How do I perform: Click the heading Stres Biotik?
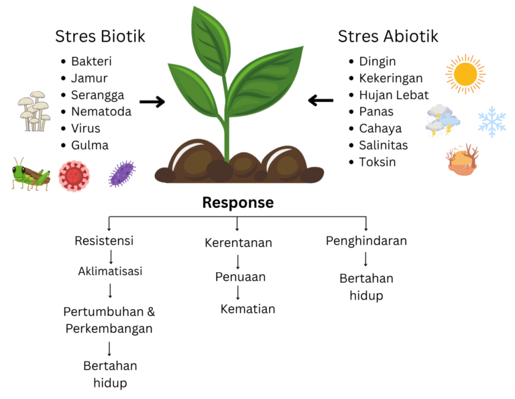[x=100, y=36]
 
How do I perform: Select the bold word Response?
[x=238, y=202]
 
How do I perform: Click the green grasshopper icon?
[x=31, y=174]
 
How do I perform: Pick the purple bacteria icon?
[x=122, y=174]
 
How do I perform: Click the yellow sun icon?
[x=465, y=74]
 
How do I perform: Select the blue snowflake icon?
[x=492, y=121]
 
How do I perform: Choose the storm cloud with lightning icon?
[x=443, y=120]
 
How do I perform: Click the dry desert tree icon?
[x=463, y=160]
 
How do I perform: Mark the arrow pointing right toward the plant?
[x=152, y=102]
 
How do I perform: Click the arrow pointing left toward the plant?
[x=321, y=101]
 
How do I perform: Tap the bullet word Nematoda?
[x=101, y=111]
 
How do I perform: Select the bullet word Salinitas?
[x=383, y=145]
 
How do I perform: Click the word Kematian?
[x=247, y=309]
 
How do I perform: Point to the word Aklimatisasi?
[x=110, y=272]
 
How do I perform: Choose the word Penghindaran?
[x=366, y=241]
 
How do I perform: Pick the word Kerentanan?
[x=238, y=243]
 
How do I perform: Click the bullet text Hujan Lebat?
[x=394, y=95]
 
